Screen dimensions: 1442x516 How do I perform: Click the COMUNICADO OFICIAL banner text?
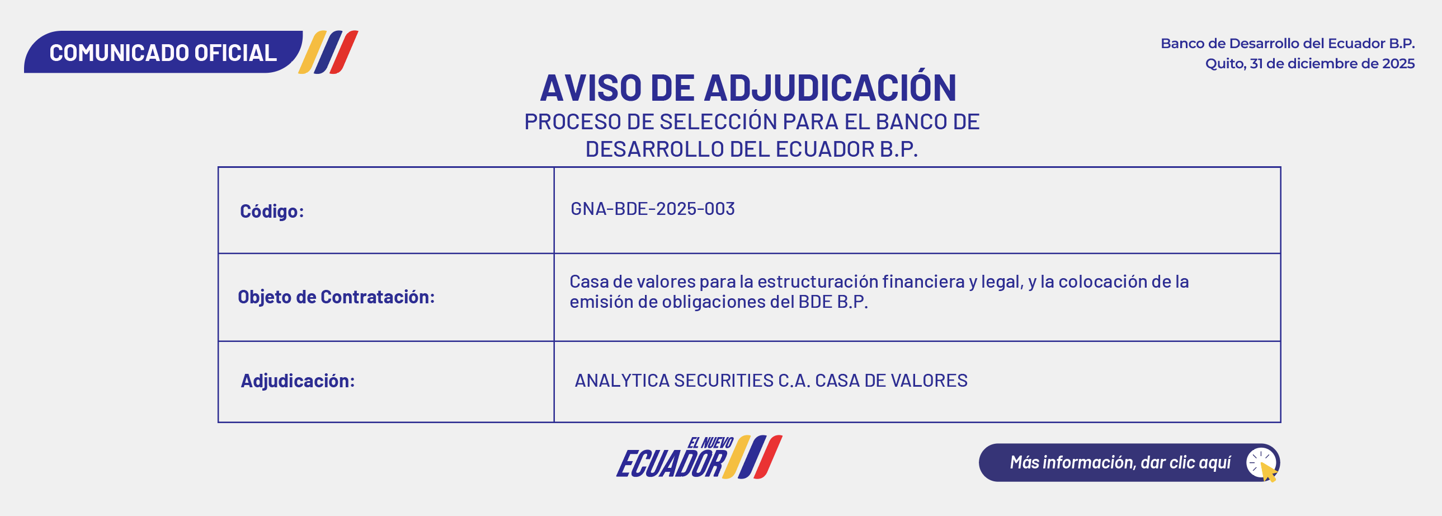tap(163, 53)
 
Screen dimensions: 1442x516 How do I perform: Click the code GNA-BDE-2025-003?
tap(653, 208)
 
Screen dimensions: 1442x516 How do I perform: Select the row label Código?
tap(272, 210)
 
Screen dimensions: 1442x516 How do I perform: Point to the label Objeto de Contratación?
tap(336, 297)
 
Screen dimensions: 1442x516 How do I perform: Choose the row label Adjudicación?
tap(298, 381)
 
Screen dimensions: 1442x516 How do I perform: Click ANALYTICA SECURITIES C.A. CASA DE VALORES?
tap(771, 381)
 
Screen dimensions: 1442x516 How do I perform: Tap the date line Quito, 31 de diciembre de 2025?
tap(1310, 63)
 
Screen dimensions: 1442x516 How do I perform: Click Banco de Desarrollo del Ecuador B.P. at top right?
tap(1288, 43)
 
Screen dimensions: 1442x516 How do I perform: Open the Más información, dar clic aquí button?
tap(1129, 462)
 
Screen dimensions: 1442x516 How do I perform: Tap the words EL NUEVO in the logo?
tap(710, 443)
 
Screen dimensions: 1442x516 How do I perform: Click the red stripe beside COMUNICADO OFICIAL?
tap(343, 52)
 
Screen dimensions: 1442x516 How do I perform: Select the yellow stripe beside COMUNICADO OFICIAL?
tap(312, 52)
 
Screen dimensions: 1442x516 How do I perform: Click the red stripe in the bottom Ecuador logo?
tap(768, 457)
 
